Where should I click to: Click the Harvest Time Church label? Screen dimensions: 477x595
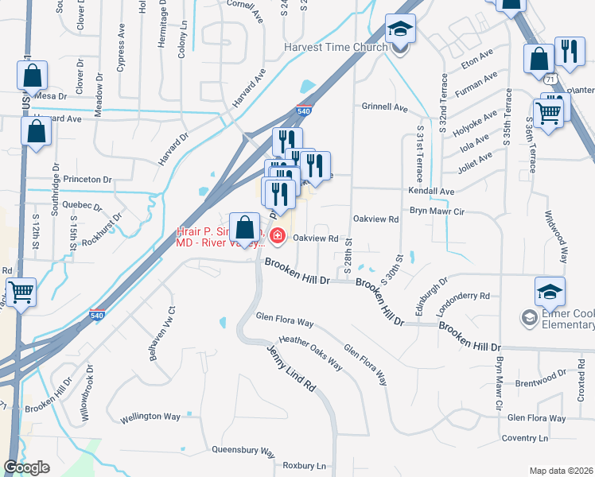coord(336,47)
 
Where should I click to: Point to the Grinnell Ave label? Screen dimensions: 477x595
coord(385,107)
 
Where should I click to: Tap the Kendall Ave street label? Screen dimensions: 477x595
coord(430,192)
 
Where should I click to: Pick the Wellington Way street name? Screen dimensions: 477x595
coord(150,417)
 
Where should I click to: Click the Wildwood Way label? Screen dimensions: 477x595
coord(556,236)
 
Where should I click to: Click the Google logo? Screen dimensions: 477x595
coord(26,467)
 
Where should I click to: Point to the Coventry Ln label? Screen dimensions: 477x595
coord(524,438)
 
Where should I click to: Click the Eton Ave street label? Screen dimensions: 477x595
coord(476,56)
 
